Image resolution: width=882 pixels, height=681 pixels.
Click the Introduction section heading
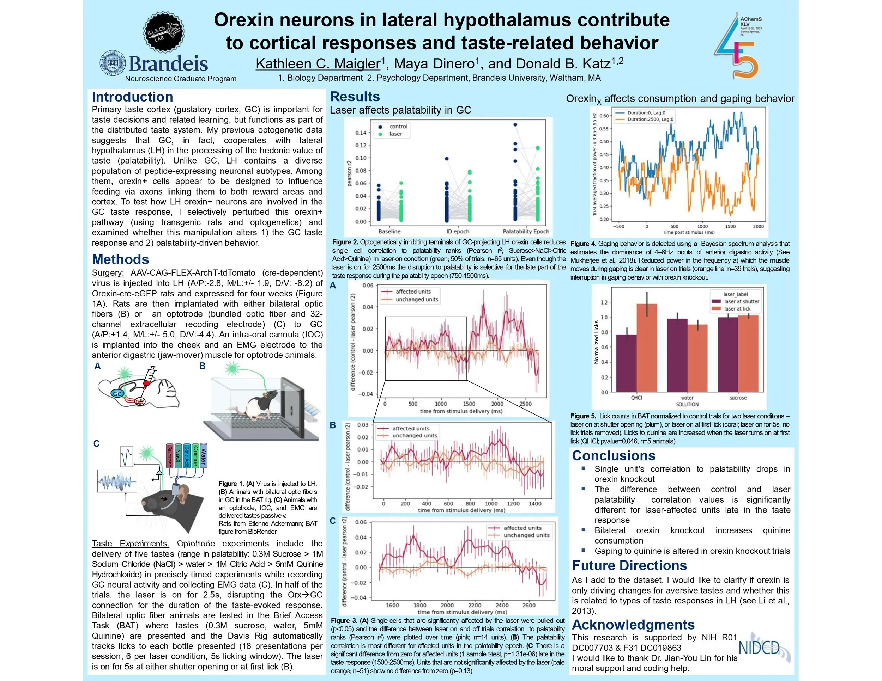132,97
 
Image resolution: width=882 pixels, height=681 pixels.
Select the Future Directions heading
629,565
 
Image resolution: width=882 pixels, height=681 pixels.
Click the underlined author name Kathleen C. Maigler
318,64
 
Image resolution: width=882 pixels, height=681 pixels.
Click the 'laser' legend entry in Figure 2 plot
395,134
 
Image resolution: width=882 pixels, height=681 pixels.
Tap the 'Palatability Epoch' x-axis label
526,232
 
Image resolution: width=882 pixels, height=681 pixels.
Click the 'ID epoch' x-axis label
457,232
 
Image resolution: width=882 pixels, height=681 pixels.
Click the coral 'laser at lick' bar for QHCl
647,347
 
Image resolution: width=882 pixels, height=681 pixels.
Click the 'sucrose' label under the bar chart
738,398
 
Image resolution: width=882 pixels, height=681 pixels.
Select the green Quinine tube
195,455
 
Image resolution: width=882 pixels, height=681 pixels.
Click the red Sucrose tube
170,455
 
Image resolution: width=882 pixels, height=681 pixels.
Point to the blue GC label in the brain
117,394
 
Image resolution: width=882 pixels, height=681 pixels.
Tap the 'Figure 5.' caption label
583,416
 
